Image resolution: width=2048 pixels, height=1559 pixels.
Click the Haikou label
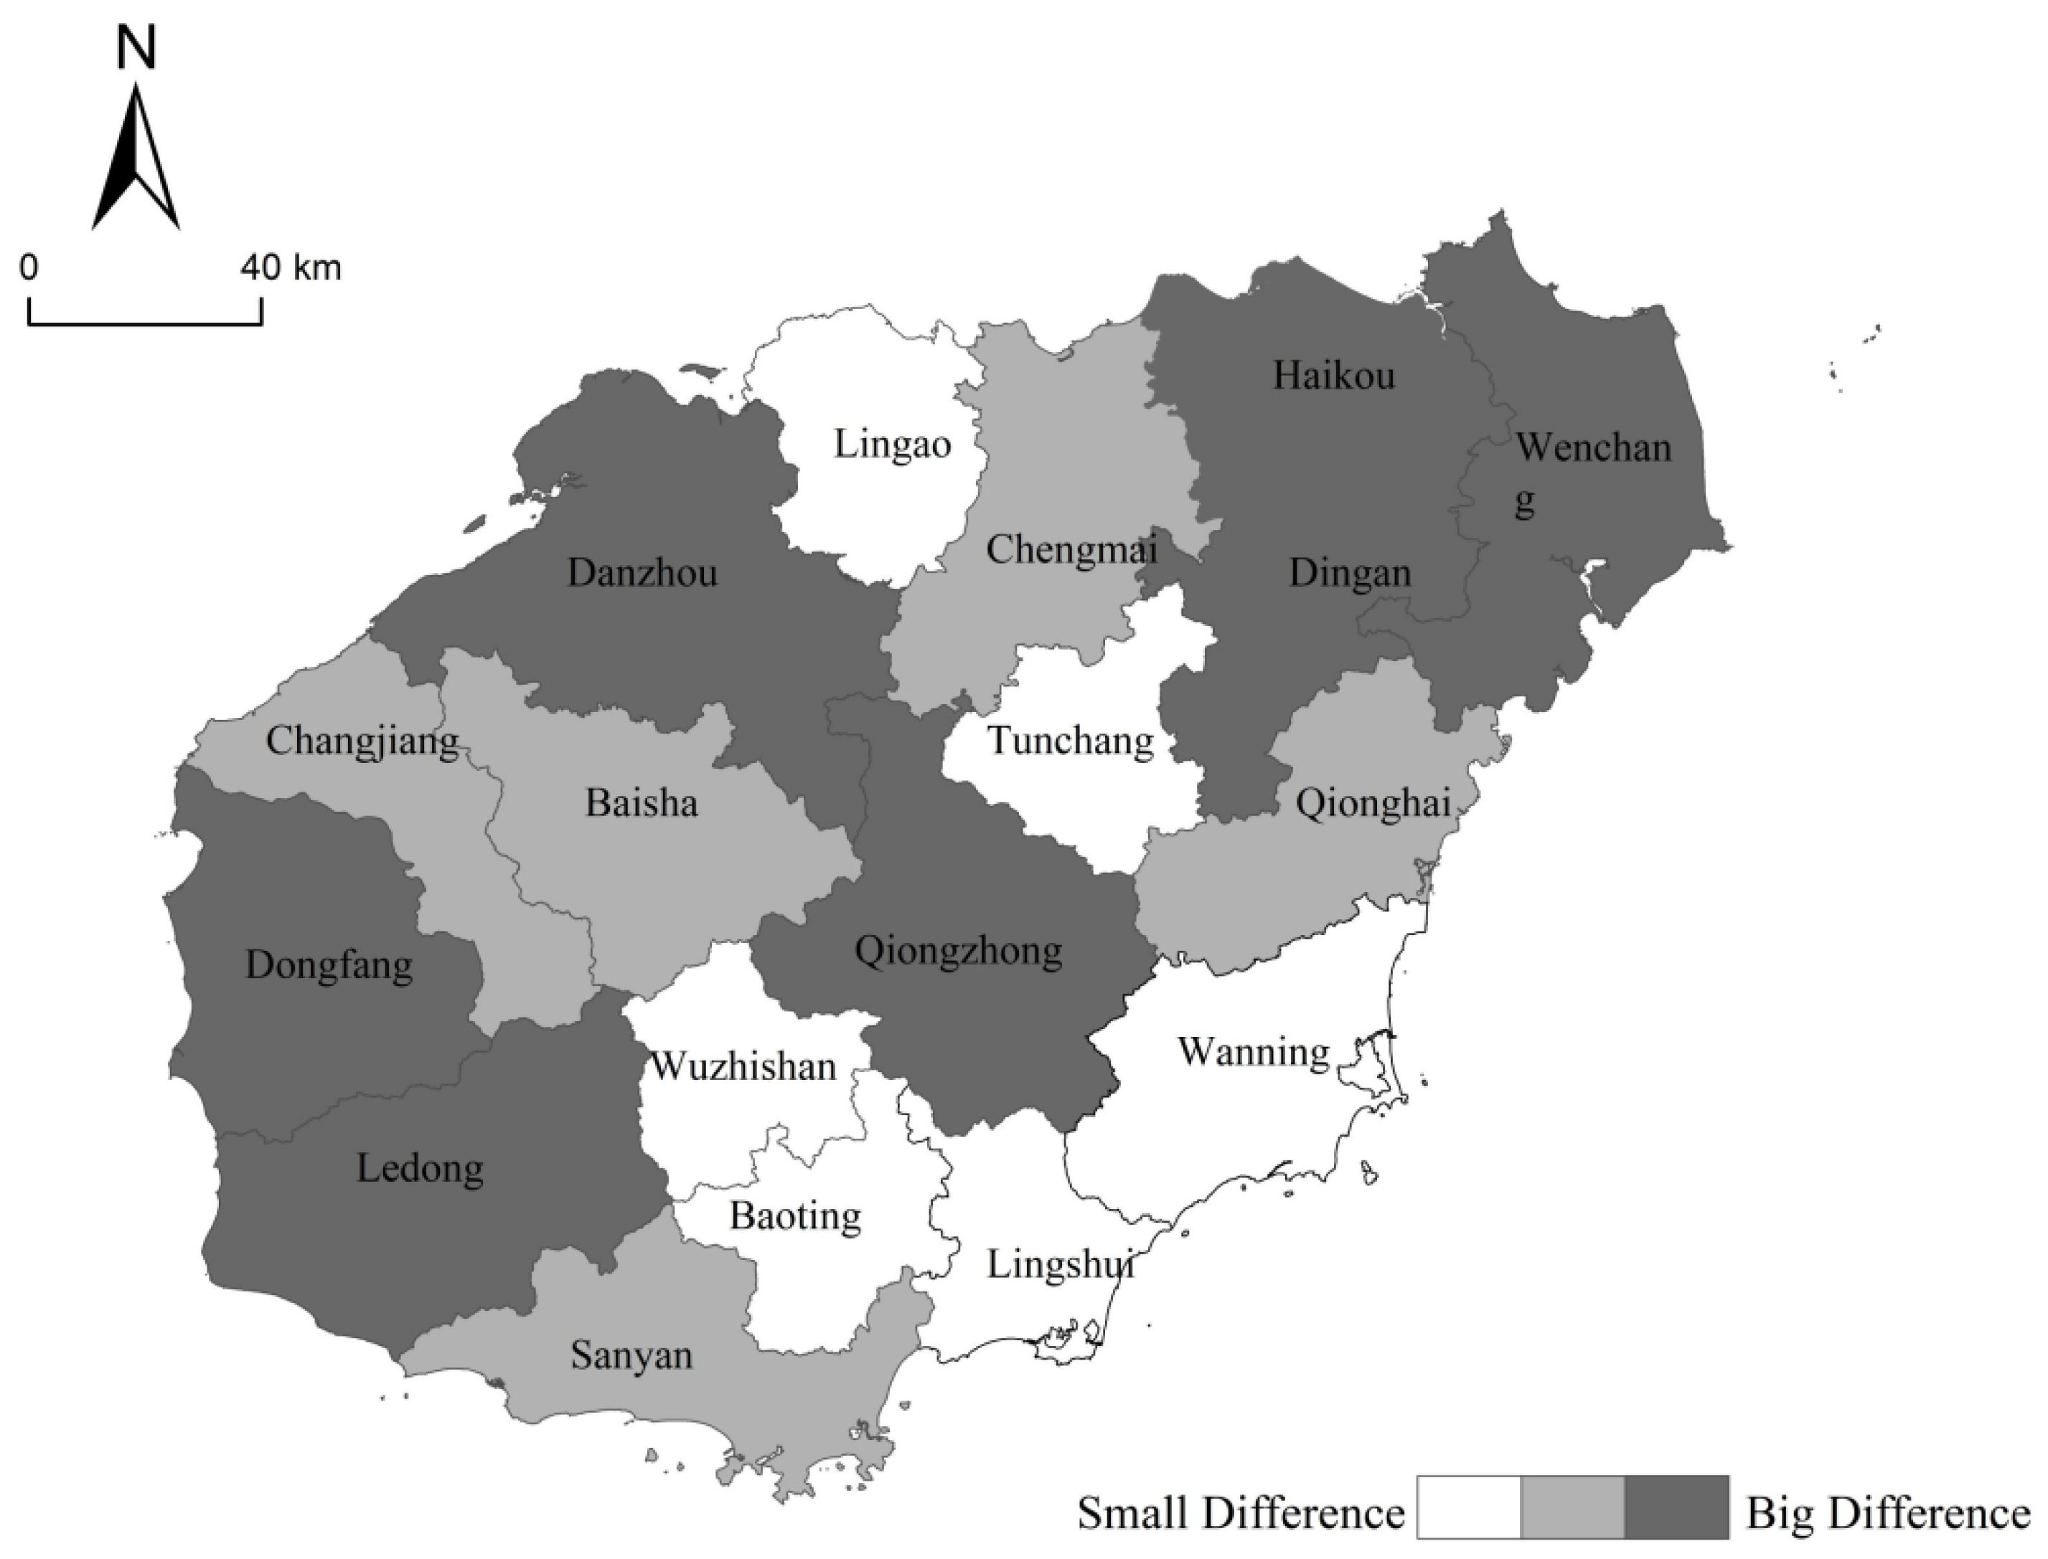pyautogui.click(x=1333, y=376)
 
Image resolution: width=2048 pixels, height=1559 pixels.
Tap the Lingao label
pyautogui.click(x=892, y=445)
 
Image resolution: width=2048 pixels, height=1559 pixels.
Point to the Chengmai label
pyautogui.click(x=1071, y=549)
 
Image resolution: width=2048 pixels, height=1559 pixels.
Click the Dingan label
pyautogui.click(x=1350, y=574)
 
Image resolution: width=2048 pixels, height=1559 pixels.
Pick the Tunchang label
pyautogui.click(x=1071, y=741)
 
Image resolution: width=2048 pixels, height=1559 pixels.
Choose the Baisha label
pyautogui.click(x=642, y=802)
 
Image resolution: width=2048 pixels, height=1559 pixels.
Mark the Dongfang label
pyautogui.click(x=329, y=966)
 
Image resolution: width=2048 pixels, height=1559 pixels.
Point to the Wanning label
pyautogui.click(x=1254, y=1052)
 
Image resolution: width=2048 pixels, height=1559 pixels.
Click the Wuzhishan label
pyautogui.click(x=743, y=1067)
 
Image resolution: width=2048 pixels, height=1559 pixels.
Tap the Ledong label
pyautogui.click(x=420, y=1168)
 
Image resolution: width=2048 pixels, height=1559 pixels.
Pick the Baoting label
pyautogui.click(x=796, y=1216)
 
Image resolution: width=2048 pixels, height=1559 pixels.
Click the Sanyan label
pyautogui.click(x=631, y=1356)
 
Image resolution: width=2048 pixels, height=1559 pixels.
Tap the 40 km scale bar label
pyautogui.click(x=291, y=268)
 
